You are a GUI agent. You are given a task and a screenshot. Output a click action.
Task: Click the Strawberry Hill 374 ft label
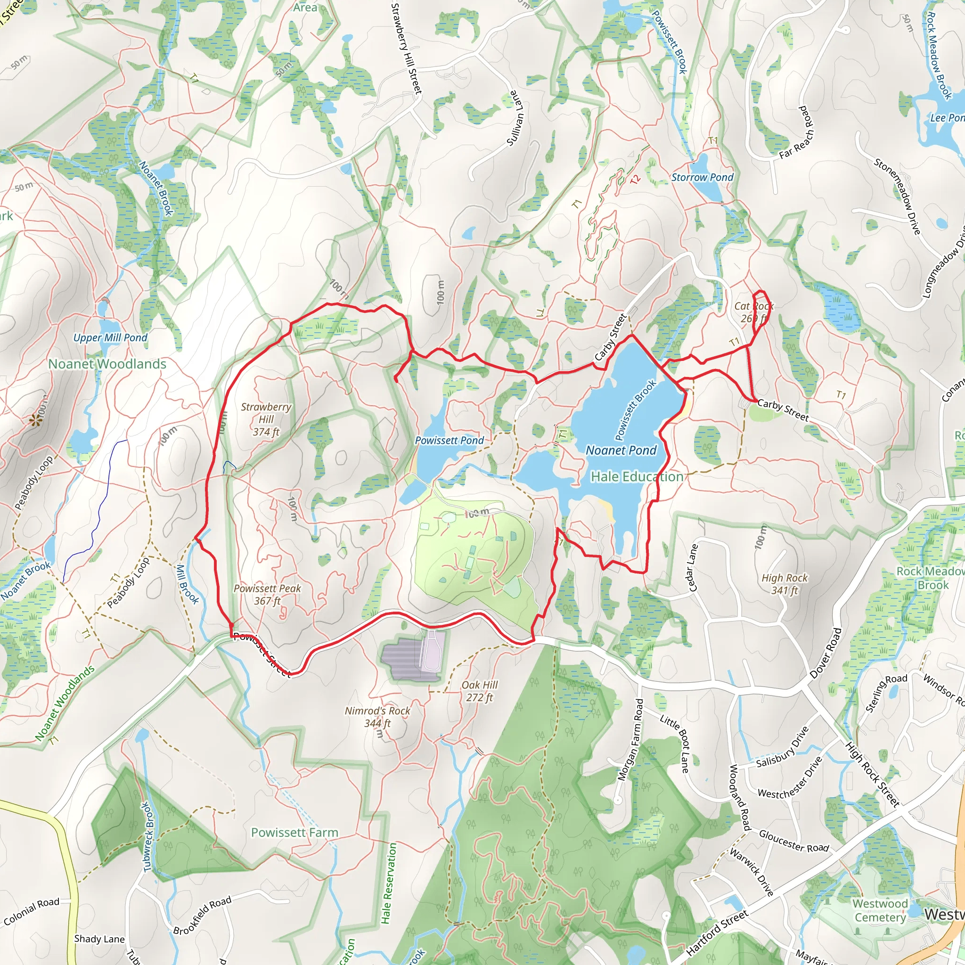tap(266, 419)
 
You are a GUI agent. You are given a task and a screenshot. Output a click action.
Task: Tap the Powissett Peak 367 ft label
tap(267, 594)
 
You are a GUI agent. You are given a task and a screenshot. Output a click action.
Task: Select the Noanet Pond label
tap(621, 450)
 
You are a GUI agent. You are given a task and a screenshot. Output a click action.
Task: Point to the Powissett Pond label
tap(449, 440)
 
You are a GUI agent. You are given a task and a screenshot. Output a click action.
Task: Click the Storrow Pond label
tap(702, 177)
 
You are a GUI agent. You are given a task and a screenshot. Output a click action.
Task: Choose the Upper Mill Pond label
tap(110, 338)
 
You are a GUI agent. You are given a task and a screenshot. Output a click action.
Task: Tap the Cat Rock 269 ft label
tap(753, 312)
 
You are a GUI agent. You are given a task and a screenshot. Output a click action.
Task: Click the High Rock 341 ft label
tap(784, 584)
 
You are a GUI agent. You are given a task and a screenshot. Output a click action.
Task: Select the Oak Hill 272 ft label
tap(480, 691)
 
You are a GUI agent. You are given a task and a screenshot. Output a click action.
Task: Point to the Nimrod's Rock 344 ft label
tap(377, 717)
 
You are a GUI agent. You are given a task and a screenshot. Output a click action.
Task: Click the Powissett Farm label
tap(294, 833)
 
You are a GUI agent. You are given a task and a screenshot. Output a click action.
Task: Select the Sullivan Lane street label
tap(515, 118)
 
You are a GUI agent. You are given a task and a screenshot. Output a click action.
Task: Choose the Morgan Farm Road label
tap(631, 740)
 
